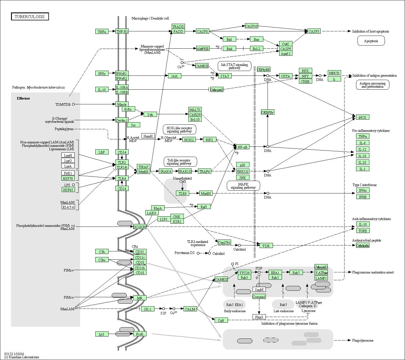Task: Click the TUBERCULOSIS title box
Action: pos(30,16)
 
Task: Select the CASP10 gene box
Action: pos(251,26)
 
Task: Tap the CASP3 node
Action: pos(314,31)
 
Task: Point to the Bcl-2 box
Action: pos(256,49)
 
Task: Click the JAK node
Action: pos(175,76)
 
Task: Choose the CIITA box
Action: pos(285,76)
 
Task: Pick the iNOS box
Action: pos(363,117)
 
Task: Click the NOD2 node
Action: pos(189,139)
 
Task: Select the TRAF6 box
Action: pos(204,171)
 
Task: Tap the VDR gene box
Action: pos(266,245)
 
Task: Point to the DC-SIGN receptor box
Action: pos(140,227)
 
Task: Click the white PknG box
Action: pos(259,317)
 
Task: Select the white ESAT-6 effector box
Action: pos(68,207)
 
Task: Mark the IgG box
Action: pos(102,334)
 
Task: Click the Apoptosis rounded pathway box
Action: pos(371,41)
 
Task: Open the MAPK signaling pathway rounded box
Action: pos(243,186)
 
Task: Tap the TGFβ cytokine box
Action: pos(363,231)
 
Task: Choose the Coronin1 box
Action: pos(259,297)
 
